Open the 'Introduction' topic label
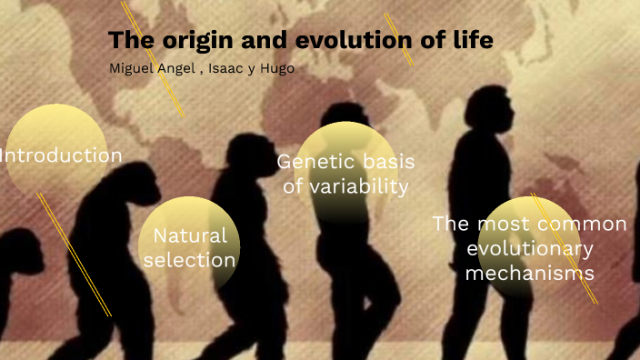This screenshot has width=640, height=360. point(60,155)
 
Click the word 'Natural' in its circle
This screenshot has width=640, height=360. point(189,235)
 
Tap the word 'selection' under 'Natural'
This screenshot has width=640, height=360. point(189,259)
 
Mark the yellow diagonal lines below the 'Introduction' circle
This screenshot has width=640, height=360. point(73,254)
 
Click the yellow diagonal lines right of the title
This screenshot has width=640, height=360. point(398,38)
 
